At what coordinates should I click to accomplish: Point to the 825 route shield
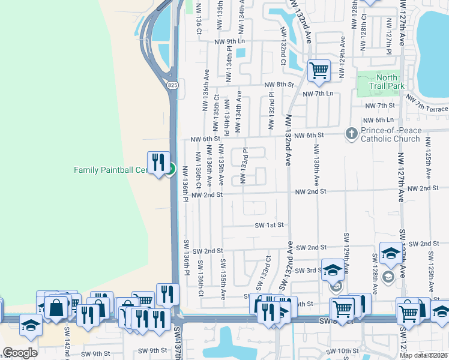click(x=173, y=85)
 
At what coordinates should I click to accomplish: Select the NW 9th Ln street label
click(x=231, y=41)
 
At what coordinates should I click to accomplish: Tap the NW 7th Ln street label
click(x=318, y=94)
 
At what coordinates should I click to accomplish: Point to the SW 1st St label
click(x=268, y=224)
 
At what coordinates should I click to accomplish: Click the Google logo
click(x=20, y=353)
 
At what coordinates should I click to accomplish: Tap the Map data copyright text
click(x=424, y=355)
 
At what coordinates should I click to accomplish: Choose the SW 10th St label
click(x=343, y=350)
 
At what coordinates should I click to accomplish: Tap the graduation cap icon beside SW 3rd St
click(x=332, y=270)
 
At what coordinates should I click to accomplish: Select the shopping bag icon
click(x=56, y=307)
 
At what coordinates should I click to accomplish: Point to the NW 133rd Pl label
click(x=244, y=167)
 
